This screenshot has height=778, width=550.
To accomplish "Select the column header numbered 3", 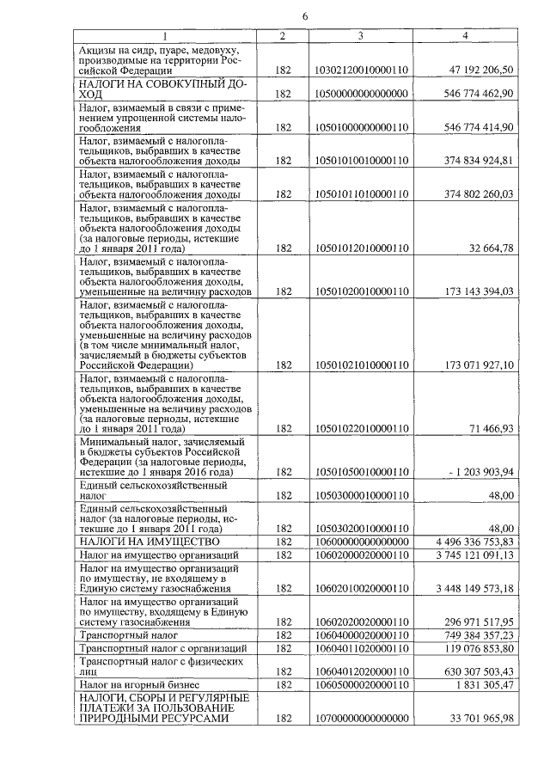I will tap(361, 35).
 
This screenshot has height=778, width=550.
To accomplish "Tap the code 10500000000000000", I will tap(361, 94).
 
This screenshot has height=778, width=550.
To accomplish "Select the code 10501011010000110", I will tap(361, 193).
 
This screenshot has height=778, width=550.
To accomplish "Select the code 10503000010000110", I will tap(361, 495).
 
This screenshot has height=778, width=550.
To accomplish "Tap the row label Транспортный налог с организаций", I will tap(150, 646).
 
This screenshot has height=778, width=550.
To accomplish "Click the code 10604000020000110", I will tap(361, 634).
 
